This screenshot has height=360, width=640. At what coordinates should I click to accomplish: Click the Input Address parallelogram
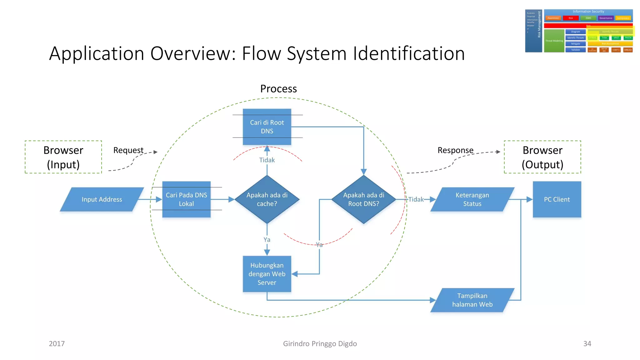tap(102, 199)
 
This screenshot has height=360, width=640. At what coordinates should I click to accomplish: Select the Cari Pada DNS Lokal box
tap(186, 199)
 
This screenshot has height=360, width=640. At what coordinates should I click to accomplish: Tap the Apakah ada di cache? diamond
tap(267, 199)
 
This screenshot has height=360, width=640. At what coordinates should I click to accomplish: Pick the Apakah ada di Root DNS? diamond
tap(363, 199)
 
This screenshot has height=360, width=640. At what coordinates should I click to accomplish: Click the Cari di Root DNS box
tap(267, 127)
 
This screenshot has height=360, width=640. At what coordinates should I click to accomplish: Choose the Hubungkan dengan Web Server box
tap(267, 274)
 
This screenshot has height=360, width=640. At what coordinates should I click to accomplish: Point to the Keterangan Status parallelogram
tap(472, 199)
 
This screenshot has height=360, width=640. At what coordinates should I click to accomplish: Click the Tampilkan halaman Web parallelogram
tap(472, 300)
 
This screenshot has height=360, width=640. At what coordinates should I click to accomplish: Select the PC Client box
tap(557, 199)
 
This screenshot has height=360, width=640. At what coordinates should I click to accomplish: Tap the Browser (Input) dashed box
tap(63, 157)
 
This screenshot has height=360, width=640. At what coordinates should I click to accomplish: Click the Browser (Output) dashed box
tap(542, 157)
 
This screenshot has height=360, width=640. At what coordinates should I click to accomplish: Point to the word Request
tap(128, 150)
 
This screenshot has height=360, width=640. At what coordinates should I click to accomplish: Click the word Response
tap(455, 150)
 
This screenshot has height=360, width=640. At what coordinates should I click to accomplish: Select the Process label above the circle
tap(278, 89)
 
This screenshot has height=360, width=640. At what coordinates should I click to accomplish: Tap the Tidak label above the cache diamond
tap(267, 160)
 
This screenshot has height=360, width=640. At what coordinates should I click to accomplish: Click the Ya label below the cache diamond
tap(267, 240)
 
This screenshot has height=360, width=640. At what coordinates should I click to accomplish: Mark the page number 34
tap(587, 344)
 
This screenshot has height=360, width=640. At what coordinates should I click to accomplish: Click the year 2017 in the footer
tap(57, 344)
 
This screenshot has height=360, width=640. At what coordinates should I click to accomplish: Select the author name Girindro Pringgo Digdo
tap(320, 344)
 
